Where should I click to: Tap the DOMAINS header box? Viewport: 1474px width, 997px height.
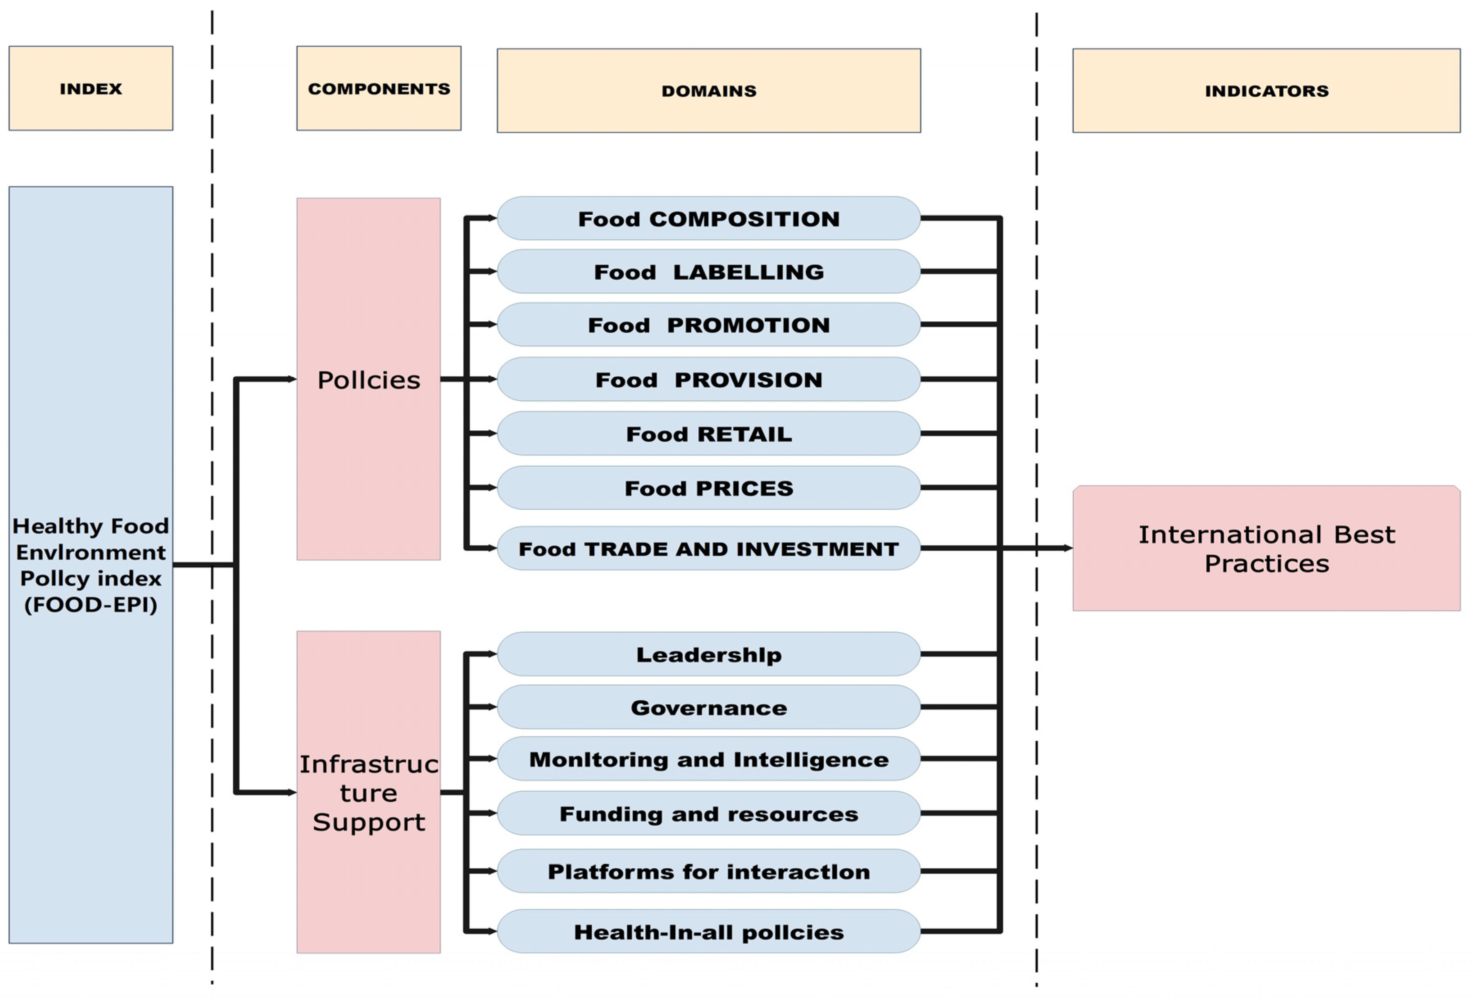pos(709,91)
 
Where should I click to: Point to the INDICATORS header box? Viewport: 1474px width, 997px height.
pos(1266,91)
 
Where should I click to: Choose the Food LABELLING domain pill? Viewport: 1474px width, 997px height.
pos(709,271)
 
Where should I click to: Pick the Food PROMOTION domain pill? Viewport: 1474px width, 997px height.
pos(709,325)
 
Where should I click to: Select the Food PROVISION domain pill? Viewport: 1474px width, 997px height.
pos(709,379)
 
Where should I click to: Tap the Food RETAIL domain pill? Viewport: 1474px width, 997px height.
pos(709,434)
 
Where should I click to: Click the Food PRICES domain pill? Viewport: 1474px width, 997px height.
pos(709,488)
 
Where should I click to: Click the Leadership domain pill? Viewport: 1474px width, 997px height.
pos(709,654)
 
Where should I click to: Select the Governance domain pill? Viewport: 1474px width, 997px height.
pos(709,707)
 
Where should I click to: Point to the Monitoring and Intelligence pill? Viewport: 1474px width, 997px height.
pos(709,759)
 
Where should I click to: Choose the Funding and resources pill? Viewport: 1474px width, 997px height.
pos(709,813)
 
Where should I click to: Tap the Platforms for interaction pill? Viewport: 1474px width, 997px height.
pos(709,872)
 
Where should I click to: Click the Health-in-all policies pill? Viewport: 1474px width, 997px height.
pos(709,932)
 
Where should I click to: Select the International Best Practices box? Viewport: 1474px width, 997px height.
pos(1266,549)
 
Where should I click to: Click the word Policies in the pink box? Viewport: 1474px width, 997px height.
pos(368,380)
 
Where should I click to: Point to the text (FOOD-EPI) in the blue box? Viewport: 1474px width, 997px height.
pos(91,604)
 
